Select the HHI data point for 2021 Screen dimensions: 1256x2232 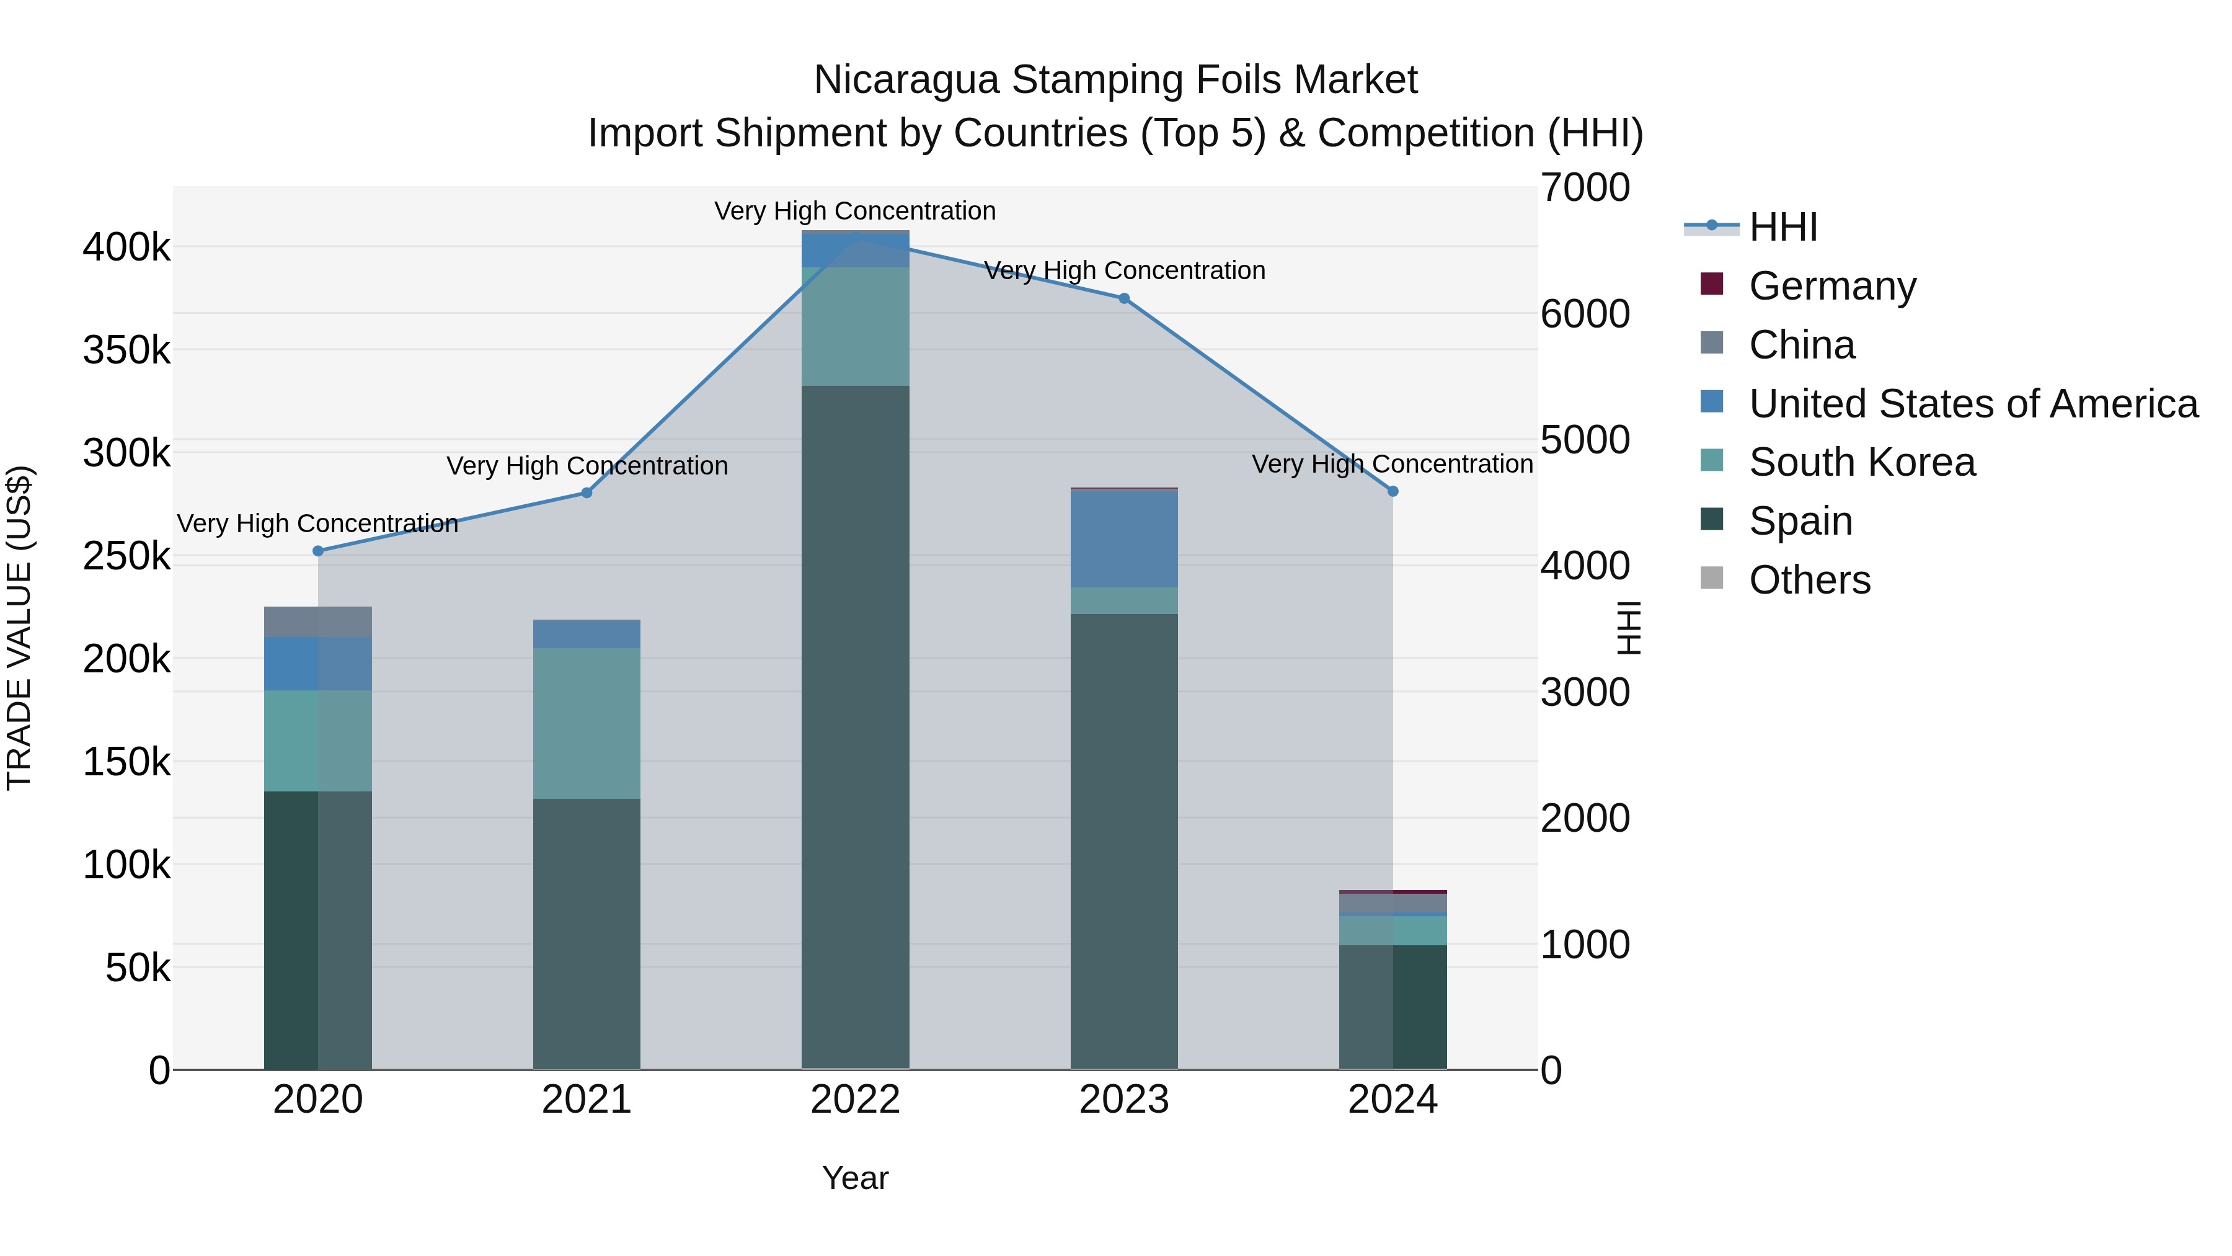[587, 493]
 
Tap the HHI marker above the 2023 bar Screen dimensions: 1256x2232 [1124, 298]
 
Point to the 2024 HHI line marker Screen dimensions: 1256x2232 [1393, 491]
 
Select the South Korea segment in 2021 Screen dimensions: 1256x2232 [587, 723]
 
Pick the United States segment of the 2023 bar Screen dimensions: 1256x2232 [1124, 539]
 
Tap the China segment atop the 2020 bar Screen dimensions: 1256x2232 [318, 621]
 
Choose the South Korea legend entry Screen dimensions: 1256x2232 [1861, 462]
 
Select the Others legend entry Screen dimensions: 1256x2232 [1809, 580]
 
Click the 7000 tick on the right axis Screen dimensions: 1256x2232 [1585, 188]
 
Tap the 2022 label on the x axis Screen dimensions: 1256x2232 [855, 1100]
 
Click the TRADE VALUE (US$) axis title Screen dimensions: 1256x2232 [20, 628]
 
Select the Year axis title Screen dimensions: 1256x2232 [855, 1178]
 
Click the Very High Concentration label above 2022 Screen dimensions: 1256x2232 [855, 211]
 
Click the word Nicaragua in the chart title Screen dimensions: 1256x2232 [906, 80]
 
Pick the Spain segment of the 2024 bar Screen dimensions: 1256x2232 [1393, 1007]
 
